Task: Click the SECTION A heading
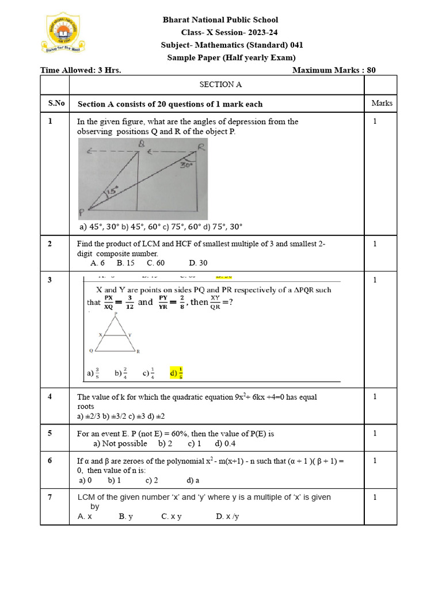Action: point(220,85)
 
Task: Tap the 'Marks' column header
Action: point(382,104)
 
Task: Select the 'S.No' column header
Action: point(56,104)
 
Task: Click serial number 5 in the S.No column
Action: point(50,433)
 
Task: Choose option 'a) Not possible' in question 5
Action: point(120,443)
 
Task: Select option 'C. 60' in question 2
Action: point(155,263)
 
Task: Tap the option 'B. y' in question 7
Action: point(126,517)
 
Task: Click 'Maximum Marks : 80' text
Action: point(334,70)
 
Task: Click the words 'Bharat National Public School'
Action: point(220,20)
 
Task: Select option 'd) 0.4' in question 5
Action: point(225,443)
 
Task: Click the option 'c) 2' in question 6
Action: point(151,480)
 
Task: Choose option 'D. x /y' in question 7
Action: point(227,517)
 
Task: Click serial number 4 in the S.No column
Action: point(50,397)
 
